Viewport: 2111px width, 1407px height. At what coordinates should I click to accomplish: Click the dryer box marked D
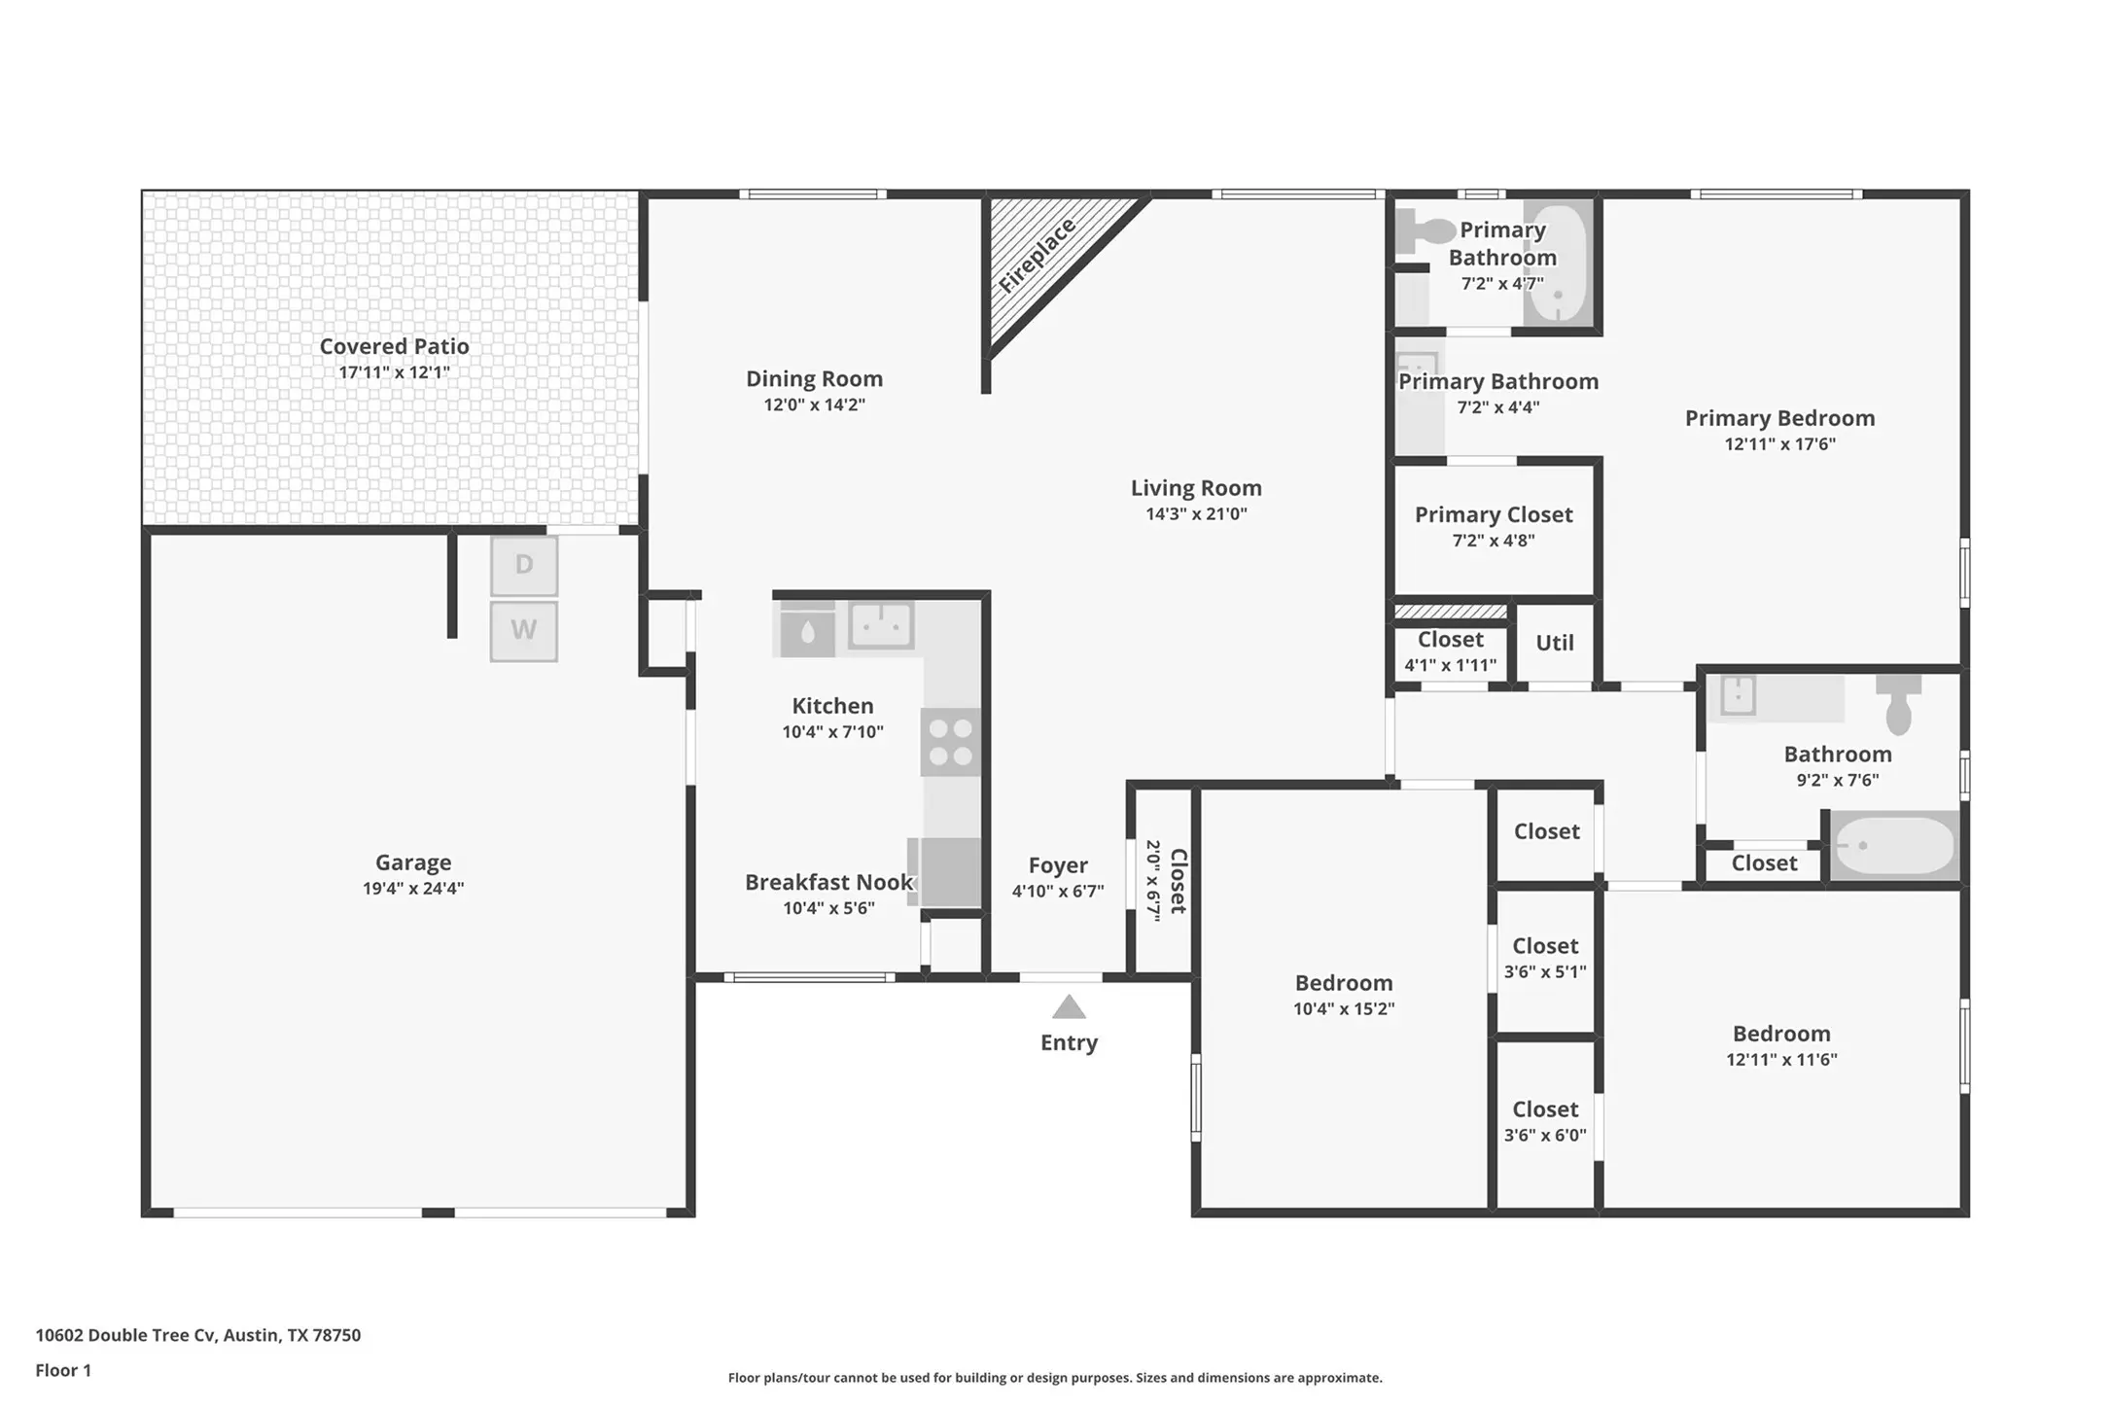pos(524,565)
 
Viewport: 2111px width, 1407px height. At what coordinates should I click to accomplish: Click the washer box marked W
pos(524,631)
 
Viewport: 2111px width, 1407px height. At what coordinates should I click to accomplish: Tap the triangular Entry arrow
pos(1069,1006)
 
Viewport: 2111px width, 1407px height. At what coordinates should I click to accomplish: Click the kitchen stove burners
pos(951,742)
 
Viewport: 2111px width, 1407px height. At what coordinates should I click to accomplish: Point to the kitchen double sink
pos(881,625)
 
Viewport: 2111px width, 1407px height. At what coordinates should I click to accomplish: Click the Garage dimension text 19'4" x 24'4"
pos(413,888)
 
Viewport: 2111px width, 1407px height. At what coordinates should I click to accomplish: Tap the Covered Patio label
pos(395,346)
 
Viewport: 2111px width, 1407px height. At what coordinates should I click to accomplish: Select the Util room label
pos(1555,643)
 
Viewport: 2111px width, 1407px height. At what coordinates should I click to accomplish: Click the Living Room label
pos(1196,488)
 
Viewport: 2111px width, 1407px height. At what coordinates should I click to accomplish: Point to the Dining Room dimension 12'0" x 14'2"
pos(815,405)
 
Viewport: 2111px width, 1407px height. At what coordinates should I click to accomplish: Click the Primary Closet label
pos(1494,514)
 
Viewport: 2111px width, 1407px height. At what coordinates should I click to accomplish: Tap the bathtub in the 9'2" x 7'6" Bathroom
pos(1894,845)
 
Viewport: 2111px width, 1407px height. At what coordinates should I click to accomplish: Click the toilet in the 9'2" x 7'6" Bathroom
pos(1898,705)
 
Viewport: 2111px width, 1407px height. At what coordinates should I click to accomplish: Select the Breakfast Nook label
pos(829,882)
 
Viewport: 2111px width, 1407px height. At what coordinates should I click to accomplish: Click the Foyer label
pos(1058,865)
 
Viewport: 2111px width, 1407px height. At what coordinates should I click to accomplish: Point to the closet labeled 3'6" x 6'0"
pos(1545,1121)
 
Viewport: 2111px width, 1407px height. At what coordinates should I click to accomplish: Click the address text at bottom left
pos(198,1335)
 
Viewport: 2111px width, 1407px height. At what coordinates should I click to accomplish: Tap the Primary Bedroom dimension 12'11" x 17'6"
pos(1780,444)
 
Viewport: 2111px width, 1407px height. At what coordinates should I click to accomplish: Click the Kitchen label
pos(832,706)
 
